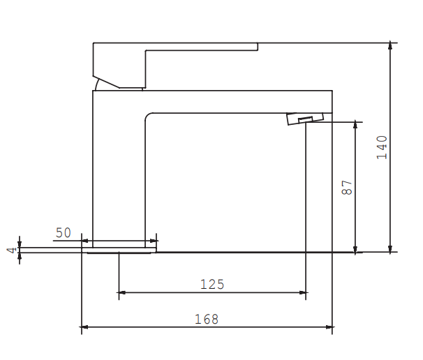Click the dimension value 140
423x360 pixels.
[x=382, y=147]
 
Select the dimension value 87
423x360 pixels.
[x=348, y=187]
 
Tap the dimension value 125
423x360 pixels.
[x=212, y=284]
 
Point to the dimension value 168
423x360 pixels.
[x=207, y=319]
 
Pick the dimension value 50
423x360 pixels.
[x=64, y=233]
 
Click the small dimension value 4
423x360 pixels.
[x=10, y=250]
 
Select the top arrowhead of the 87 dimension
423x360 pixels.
[x=356, y=125]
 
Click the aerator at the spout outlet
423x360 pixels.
[x=306, y=119]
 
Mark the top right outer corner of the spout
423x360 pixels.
[x=332, y=91]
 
